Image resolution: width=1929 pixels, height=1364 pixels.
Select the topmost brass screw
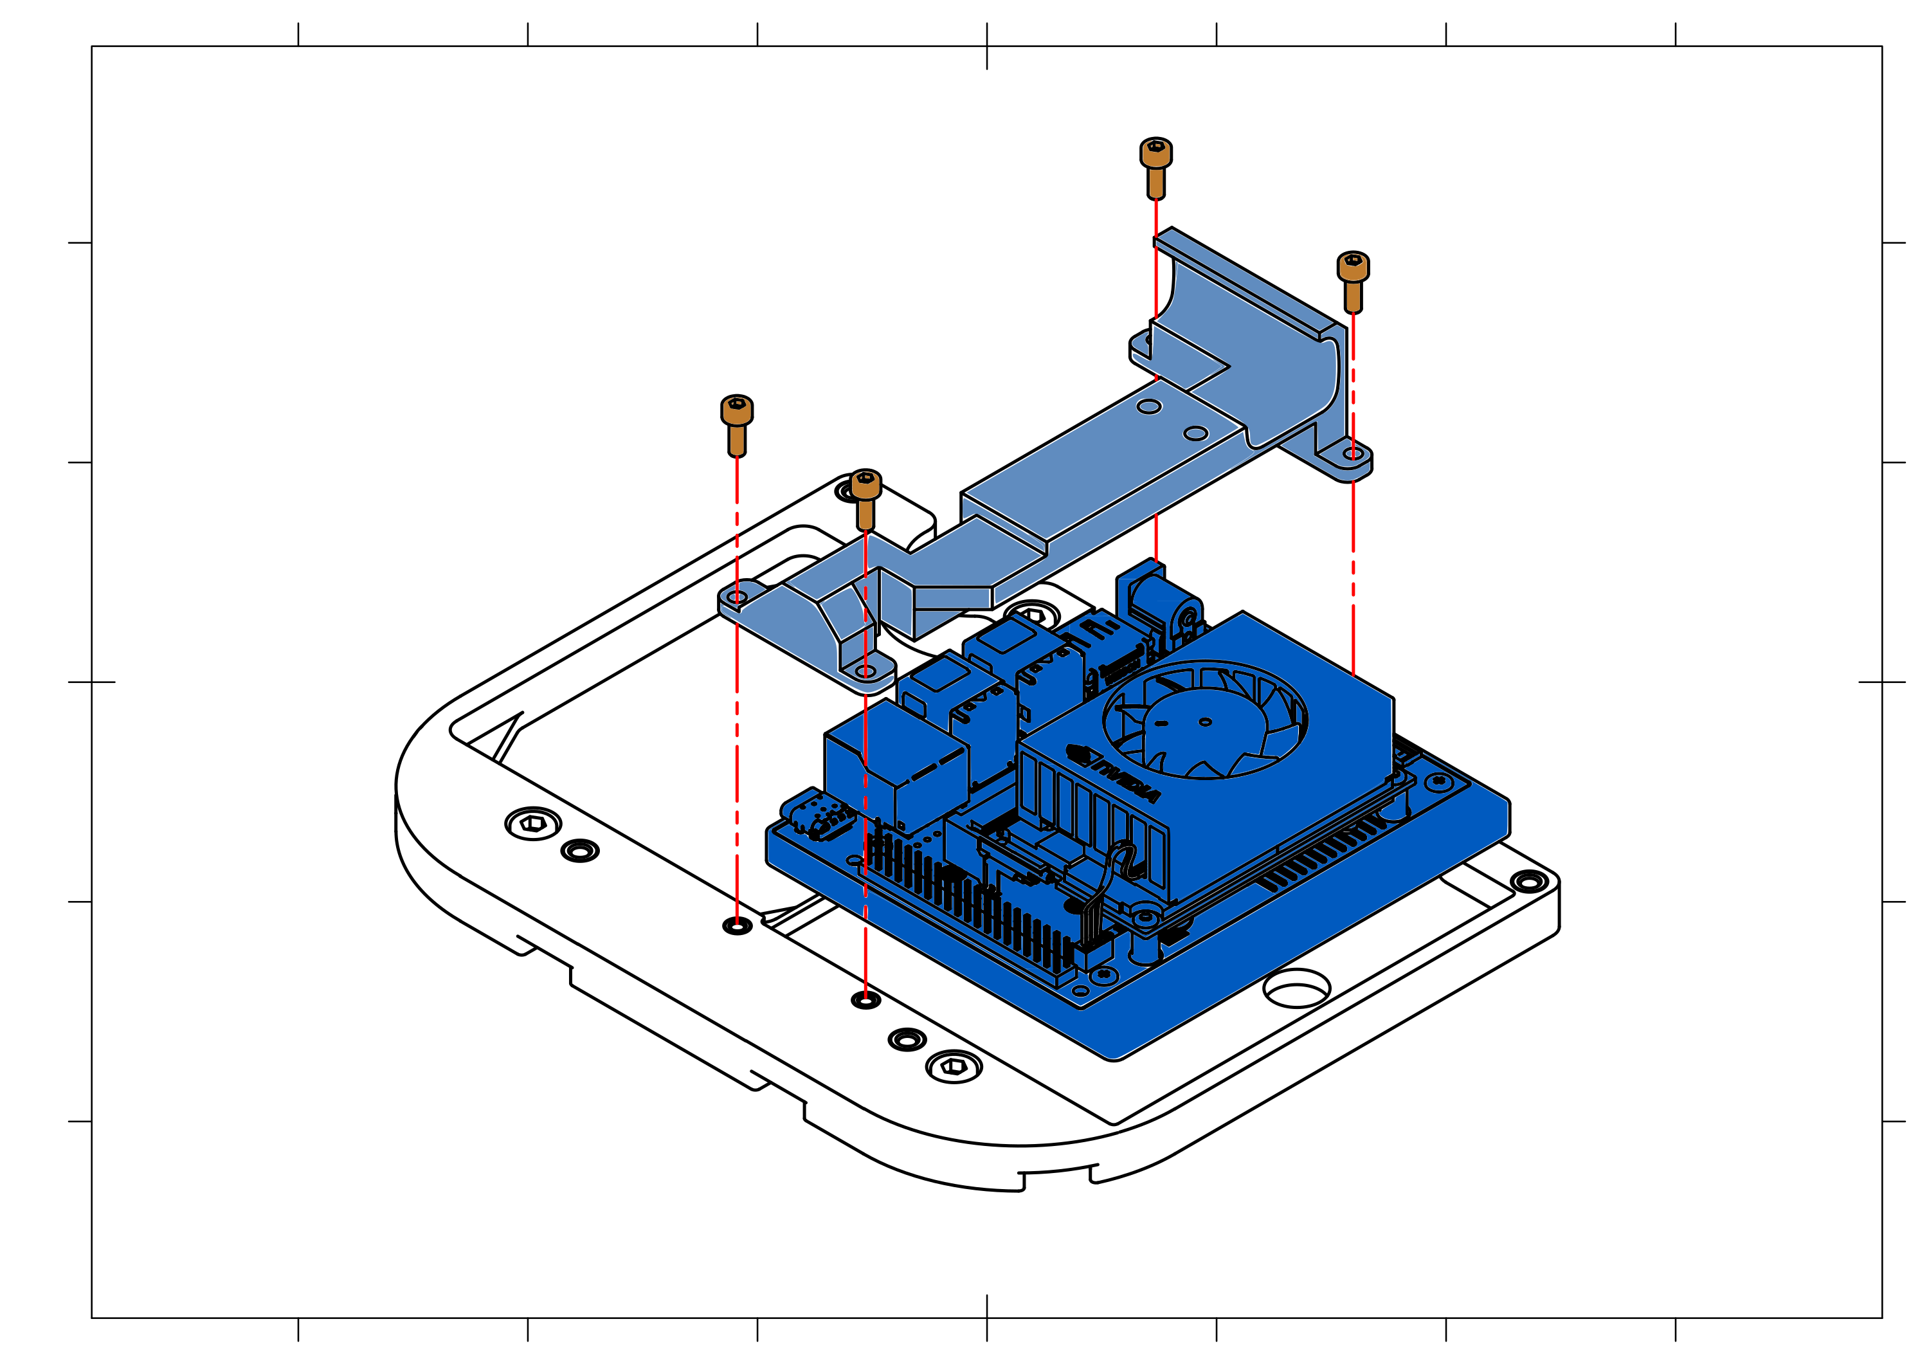click(1155, 168)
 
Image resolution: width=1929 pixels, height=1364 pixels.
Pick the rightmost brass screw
click(1353, 282)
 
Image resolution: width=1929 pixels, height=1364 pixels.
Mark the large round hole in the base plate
click(1296, 988)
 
